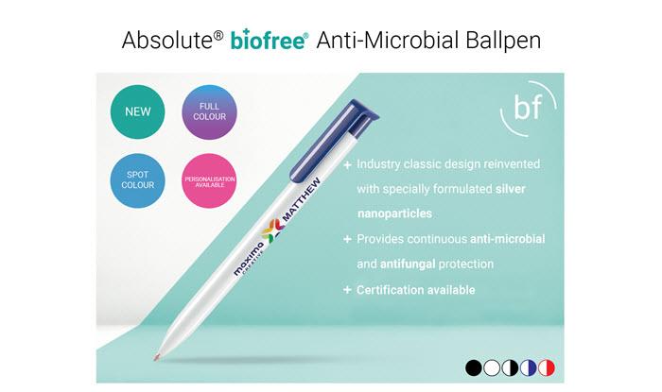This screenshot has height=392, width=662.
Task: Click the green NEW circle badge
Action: [138, 111]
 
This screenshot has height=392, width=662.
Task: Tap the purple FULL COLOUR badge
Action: [209, 111]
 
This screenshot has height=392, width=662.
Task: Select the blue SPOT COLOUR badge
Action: [138, 180]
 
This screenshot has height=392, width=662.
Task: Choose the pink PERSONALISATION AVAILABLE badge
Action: [209, 180]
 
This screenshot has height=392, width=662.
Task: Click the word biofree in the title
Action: [269, 40]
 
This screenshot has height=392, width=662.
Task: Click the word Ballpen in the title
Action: [503, 41]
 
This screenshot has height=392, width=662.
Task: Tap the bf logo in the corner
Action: [528, 109]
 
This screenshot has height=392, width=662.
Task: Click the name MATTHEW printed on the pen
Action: [301, 199]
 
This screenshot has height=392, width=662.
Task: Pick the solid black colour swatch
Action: [474, 368]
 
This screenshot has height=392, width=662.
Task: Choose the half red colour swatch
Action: [547, 368]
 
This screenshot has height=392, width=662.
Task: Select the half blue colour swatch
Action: [528, 368]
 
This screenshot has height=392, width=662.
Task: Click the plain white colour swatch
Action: [492, 368]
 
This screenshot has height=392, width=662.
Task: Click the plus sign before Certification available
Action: [347, 290]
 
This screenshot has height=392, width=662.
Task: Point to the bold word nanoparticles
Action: [394, 213]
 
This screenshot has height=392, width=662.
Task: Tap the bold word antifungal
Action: [408, 264]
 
